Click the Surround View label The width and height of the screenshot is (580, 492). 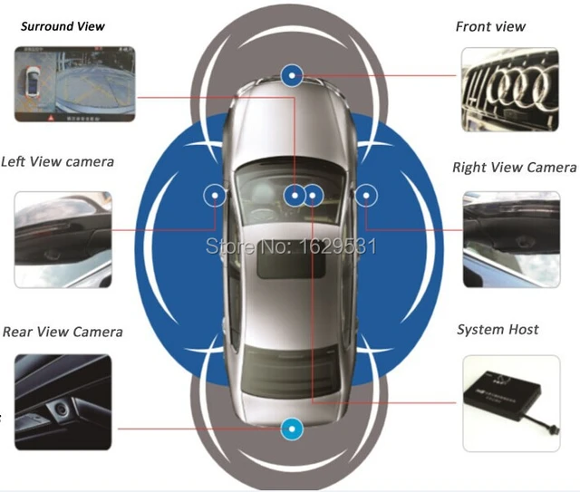coord(63,26)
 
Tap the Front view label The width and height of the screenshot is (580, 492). coord(490,26)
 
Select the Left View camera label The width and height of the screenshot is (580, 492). coord(57,161)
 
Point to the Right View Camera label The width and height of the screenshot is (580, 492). coord(514,168)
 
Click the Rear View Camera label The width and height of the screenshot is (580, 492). coord(63,332)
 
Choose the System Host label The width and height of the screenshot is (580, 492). coord(498,329)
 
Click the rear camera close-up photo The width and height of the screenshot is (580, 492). coord(63,401)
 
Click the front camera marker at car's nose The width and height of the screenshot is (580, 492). coord(292,75)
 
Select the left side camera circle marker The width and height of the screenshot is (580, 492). coord(215,193)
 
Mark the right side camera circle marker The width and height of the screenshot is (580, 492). coord(366,193)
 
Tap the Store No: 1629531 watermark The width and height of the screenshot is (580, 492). coord(292,245)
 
